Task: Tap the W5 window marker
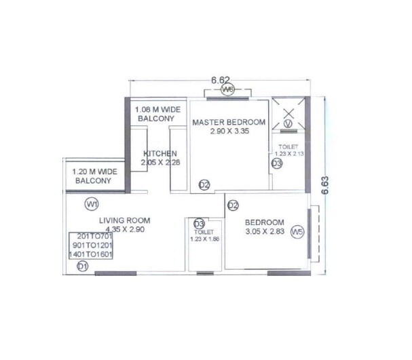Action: [x=296, y=233]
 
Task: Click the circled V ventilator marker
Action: [x=288, y=124]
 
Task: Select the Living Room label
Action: [x=124, y=221]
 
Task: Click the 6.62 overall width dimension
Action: [x=219, y=80]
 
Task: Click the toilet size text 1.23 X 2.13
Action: [x=288, y=155]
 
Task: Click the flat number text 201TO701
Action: [x=90, y=237]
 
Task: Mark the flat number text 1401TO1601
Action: [x=90, y=254]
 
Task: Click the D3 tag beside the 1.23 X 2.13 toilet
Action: [x=276, y=163]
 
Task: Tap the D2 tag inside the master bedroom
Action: [x=204, y=184]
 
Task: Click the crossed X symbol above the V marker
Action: [x=287, y=111]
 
